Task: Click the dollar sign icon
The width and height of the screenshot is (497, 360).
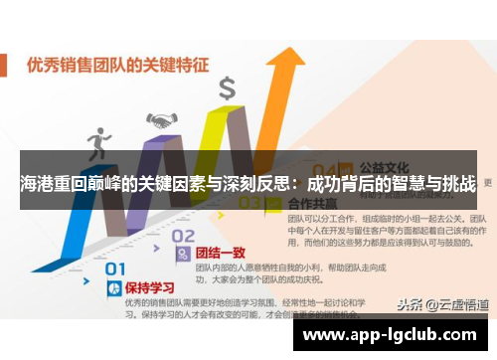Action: (227, 89)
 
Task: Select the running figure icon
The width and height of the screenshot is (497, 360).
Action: (99, 143)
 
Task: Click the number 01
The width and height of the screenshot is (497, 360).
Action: (116, 268)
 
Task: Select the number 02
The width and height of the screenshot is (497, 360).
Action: (183, 236)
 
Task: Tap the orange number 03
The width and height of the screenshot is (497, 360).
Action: (248, 203)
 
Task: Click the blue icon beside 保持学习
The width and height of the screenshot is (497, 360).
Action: (112, 287)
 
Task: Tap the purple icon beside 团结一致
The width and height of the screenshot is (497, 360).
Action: (182, 256)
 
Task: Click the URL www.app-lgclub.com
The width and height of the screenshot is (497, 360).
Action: (391, 335)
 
